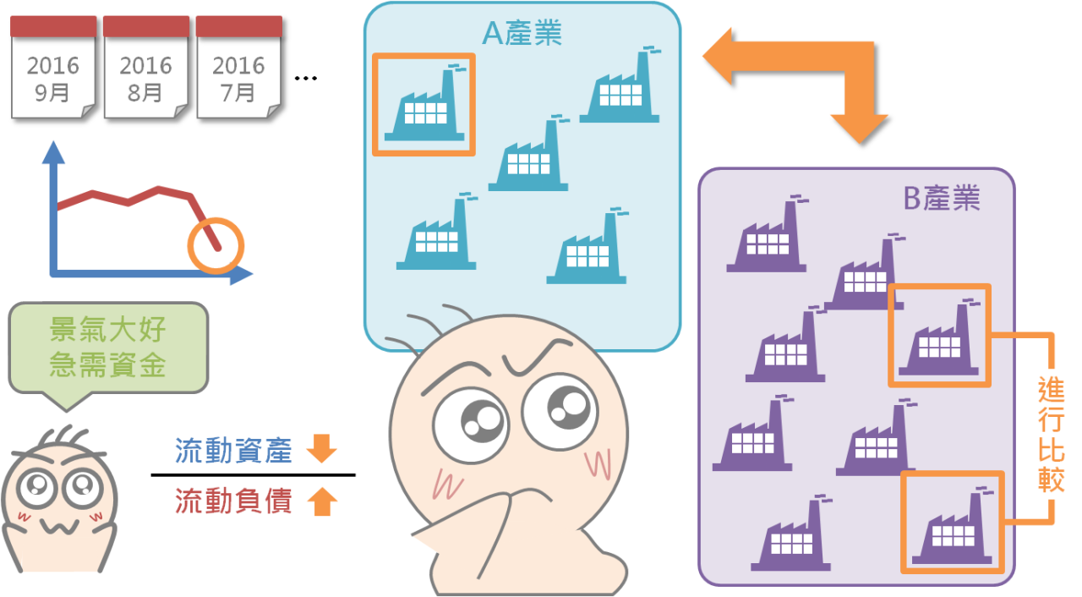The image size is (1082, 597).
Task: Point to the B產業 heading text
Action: point(942,198)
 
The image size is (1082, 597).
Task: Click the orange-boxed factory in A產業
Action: point(424,105)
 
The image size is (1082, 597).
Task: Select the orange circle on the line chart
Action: point(216,245)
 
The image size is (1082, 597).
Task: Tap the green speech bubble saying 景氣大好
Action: point(107,348)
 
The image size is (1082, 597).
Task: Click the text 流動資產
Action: point(233,451)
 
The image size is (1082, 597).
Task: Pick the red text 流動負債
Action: point(233,501)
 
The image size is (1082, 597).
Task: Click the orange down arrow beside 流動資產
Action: point(322,449)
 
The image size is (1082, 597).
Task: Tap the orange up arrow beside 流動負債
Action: point(322,502)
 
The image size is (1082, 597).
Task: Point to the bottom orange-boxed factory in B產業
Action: point(952,522)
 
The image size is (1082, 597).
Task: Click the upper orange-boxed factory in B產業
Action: point(938,336)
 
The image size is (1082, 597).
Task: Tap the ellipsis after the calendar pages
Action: point(306,79)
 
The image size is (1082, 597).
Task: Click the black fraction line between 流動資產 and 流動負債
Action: point(253,475)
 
